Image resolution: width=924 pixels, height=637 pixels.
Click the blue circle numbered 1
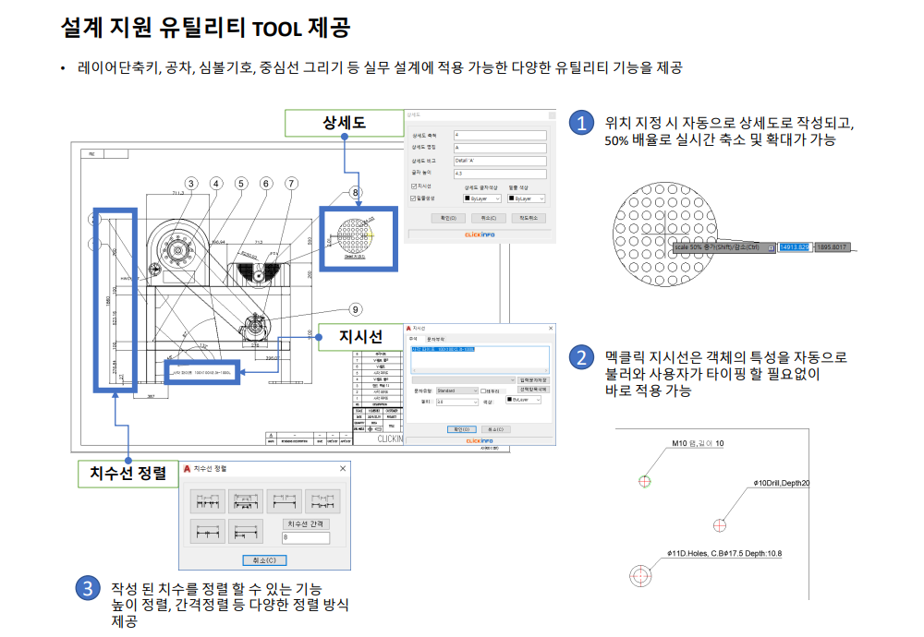coord(580,123)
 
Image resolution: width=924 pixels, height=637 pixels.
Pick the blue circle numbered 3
coord(87,588)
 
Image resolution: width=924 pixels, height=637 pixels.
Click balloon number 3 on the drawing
coord(190,184)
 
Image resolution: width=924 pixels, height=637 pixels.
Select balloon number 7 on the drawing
coord(291,184)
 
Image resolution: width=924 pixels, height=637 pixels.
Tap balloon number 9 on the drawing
coord(356,309)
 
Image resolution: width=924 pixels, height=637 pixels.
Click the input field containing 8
coord(305,537)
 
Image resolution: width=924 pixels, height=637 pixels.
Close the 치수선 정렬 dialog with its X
coord(343,469)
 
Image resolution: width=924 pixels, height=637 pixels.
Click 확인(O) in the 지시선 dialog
coord(458,429)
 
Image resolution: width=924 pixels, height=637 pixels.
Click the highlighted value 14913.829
coord(794,247)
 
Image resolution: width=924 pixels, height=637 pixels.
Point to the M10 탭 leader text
coord(699,444)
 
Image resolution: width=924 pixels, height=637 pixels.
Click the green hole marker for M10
coord(645,481)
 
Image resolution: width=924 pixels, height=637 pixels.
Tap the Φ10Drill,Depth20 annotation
coord(782,484)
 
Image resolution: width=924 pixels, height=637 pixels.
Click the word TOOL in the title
coord(277,28)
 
